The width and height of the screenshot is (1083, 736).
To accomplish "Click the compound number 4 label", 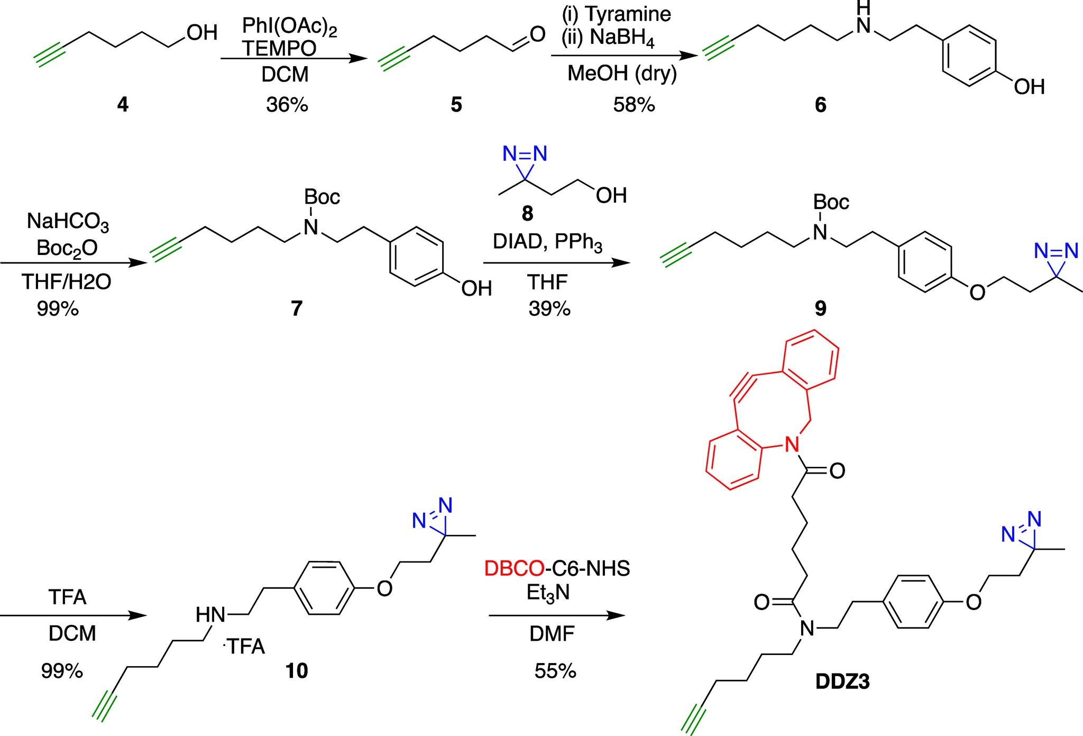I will pos(122,105).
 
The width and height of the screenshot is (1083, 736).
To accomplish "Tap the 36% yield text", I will pos(287,105).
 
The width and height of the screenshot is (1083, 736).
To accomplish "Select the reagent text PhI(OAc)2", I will pos(289,28).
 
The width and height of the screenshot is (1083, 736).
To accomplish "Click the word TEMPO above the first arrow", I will pos(280,49).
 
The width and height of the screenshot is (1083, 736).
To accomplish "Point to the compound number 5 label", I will pos(456,105).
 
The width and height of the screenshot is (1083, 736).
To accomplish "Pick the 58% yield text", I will pos(634,105).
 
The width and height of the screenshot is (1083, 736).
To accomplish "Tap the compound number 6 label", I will pos(820,105).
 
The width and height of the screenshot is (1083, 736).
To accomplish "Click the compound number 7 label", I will pos(296,307).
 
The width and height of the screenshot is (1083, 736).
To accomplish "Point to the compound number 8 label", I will pos(527,214).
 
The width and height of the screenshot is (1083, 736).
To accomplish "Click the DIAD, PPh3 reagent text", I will pos(547,243).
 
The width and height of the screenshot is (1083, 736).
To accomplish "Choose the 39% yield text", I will pos(549,307).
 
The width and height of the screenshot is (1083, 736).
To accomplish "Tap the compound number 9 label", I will pos(820,307).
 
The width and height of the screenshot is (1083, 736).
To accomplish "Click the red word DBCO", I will pos(514,569).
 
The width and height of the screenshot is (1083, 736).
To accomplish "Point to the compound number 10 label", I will pos(296,671).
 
